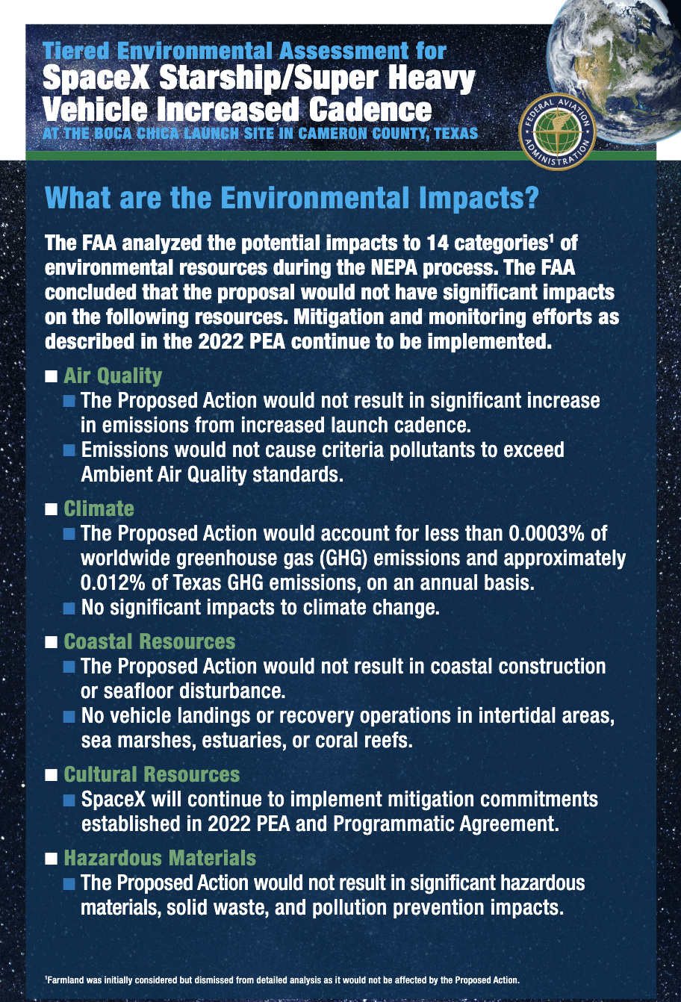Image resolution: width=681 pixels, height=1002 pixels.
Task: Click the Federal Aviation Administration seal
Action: pyautogui.click(x=558, y=131)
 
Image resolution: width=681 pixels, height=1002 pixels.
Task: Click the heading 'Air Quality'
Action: pyautogui.click(x=113, y=376)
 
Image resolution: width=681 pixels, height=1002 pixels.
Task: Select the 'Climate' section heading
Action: pyautogui.click(x=99, y=508)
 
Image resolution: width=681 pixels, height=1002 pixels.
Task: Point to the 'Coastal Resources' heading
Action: pyautogui.click(x=149, y=641)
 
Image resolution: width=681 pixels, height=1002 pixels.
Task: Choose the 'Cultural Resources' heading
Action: pyautogui.click(x=152, y=774)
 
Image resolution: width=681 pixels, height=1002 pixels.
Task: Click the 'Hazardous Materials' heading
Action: pyautogui.click(x=160, y=858)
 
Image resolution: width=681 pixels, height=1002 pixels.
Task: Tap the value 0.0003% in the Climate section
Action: pyautogui.click(x=546, y=533)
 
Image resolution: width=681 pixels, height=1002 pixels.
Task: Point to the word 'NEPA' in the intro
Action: pyautogui.click(x=394, y=267)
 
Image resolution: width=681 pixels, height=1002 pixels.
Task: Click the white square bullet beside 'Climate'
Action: pyautogui.click(x=51, y=509)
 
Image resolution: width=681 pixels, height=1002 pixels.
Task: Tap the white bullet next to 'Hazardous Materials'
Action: pyautogui.click(x=51, y=859)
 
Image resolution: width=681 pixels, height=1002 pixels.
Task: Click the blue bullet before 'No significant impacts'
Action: pyautogui.click(x=69, y=609)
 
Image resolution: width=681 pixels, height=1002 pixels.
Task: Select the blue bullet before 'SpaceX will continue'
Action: pyautogui.click(x=69, y=800)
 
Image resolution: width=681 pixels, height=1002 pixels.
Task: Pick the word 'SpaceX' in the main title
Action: pyautogui.click(x=96, y=78)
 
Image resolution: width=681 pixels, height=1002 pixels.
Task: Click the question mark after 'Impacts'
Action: pyautogui.click(x=532, y=198)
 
